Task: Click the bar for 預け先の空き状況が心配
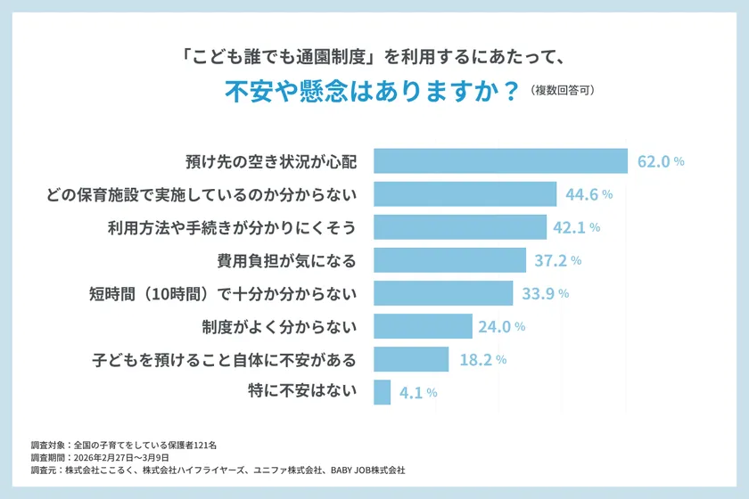point(500,161)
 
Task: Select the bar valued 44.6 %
point(465,194)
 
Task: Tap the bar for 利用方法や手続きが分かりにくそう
point(459,227)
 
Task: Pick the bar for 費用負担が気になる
point(449,260)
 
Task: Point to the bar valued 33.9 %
point(443,293)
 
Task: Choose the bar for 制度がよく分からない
point(423,326)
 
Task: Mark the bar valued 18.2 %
point(411,359)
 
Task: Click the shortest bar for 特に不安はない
point(382,392)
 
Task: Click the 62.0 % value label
point(661,162)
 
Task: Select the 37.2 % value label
point(558,260)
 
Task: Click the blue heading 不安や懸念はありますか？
point(371,93)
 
